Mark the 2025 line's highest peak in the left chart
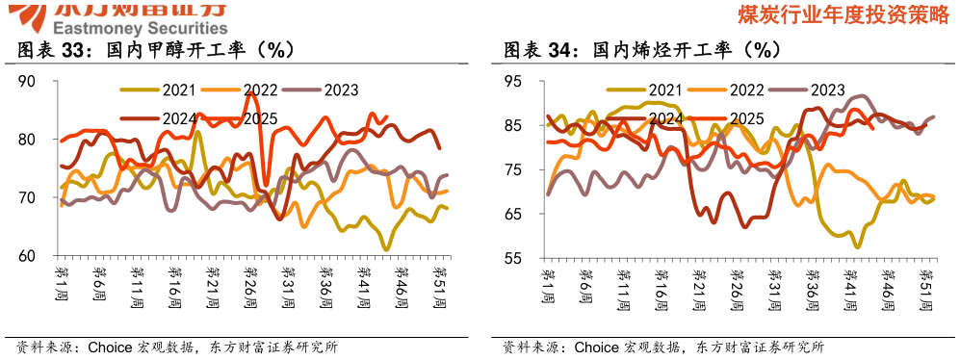click(x=250, y=92)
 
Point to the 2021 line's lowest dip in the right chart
click(x=857, y=247)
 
